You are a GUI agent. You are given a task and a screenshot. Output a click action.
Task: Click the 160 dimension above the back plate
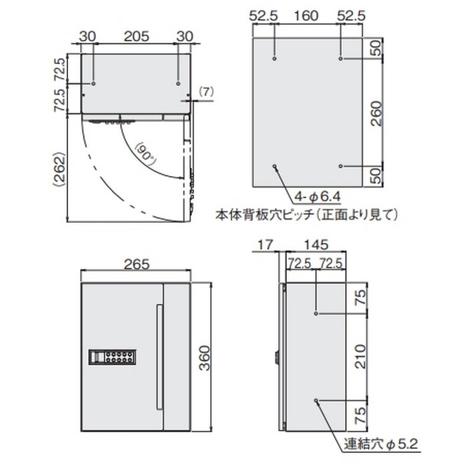point(308,15)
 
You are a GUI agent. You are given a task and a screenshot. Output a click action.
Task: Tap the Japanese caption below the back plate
point(307,214)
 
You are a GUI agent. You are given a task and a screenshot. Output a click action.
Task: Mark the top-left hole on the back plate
point(275,59)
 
